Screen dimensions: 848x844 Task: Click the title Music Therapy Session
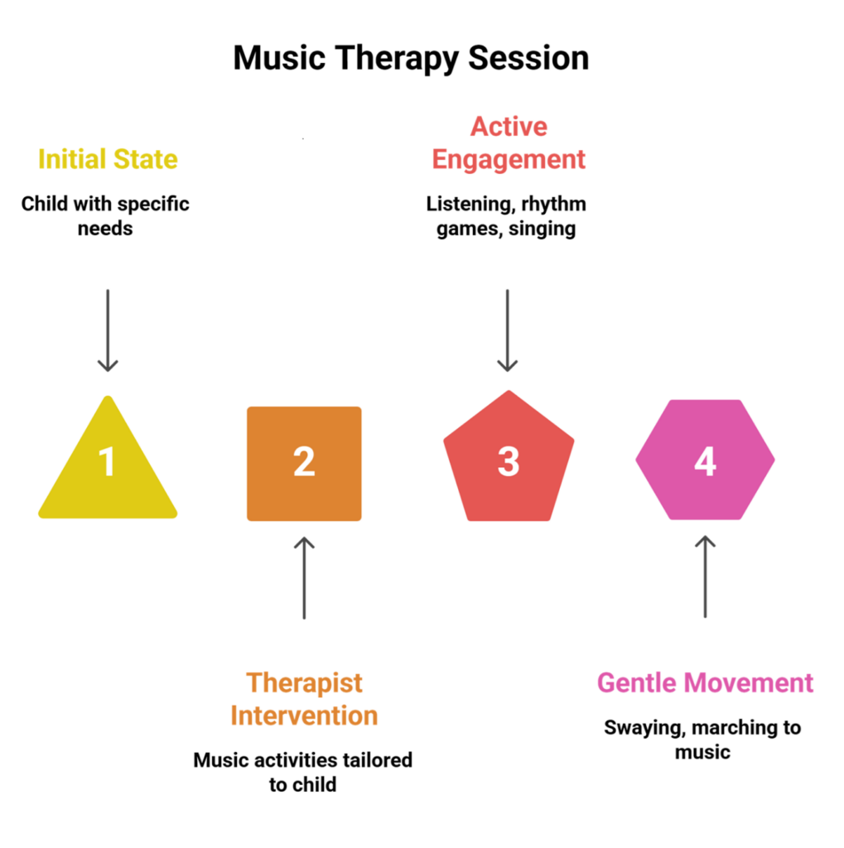coord(411,59)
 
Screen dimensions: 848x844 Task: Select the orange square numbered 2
coord(304,463)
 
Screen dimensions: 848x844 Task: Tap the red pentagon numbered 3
coord(508,460)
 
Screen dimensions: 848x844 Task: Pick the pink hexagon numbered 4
coord(705,460)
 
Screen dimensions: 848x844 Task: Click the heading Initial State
coord(108,159)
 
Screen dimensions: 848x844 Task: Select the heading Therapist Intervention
coord(304,699)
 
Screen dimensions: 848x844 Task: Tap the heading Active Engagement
coord(509,142)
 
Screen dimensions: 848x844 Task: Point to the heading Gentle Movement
coord(705,683)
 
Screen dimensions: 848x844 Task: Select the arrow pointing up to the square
coord(304,577)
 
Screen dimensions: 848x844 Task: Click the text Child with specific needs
coord(105,215)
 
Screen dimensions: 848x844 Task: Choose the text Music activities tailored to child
coord(303,771)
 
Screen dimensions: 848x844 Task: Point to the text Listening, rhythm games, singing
coord(506,216)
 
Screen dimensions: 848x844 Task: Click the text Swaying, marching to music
coord(702,740)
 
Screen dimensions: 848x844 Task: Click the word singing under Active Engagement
coord(543,229)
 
